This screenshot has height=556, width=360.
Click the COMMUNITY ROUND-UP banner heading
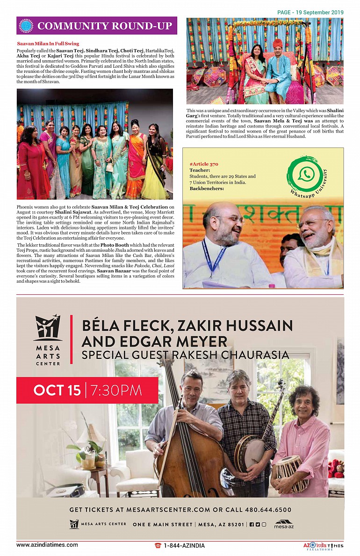click(x=105, y=26)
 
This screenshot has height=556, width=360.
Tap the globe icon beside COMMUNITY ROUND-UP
click(x=26, y=26)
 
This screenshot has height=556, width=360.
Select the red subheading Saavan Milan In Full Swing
click(x=48, y=43)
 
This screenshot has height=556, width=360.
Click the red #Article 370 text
click(x=204, y=164)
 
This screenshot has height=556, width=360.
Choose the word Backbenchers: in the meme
click(x=207, y=188)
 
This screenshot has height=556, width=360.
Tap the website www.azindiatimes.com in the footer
click(x=47, y=545)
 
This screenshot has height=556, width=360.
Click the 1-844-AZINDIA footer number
click(x=184, y=545)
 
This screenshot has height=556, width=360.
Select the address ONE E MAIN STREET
click(x=162, y=524)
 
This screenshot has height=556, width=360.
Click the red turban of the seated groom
click(x=278, y=44)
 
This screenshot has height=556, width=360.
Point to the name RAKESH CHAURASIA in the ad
click(x=231, y=355)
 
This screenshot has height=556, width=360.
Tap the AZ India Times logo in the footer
click(x=323, y=546)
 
